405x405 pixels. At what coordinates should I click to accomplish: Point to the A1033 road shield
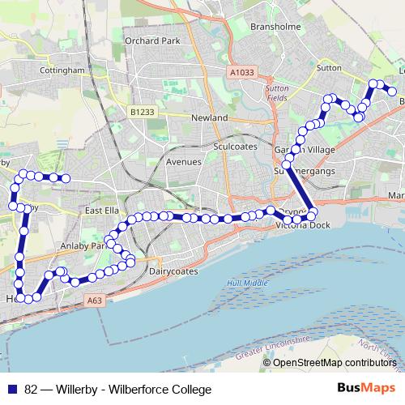coord(241,72)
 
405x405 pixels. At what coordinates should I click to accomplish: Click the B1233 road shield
coord(141,111)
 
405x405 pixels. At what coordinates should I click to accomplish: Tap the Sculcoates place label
coord(234,147)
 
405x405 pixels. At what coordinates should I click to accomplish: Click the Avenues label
coord(182,161)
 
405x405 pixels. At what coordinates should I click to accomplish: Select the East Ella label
coord(102,211)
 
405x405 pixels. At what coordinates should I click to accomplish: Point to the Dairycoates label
coord(173,272)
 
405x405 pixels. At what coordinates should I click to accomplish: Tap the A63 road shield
coord(94,299)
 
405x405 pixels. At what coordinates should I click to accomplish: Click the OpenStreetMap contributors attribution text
coord(333,362)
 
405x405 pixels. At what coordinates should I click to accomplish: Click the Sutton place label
coord(330,69)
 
